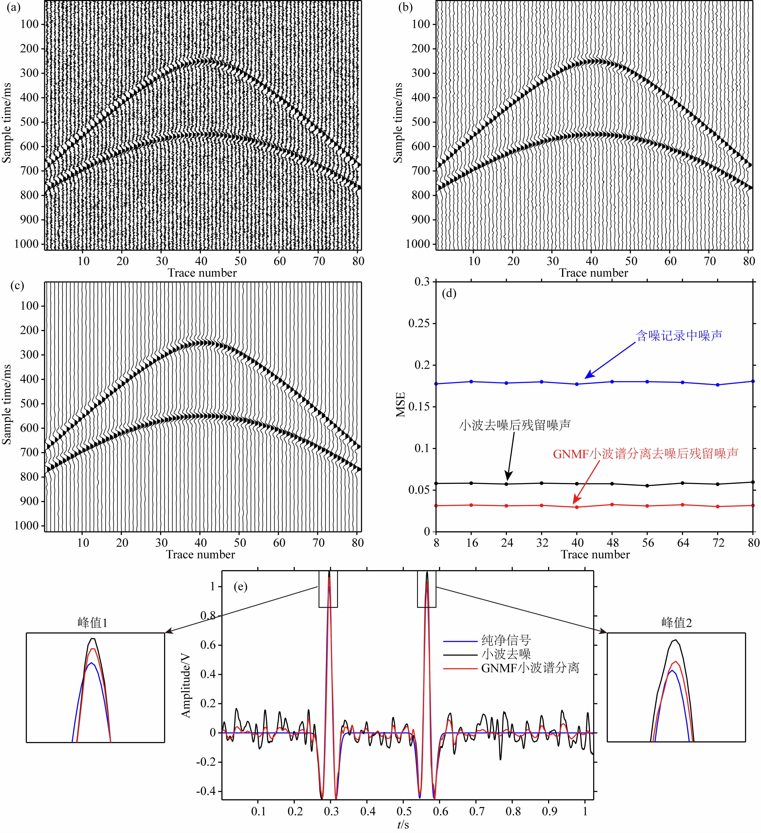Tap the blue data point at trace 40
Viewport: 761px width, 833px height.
(577, 384)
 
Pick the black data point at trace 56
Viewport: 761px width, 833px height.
(647, 486)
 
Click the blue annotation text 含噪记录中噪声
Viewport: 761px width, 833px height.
(679, 335)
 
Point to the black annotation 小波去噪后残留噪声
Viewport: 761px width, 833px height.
(515, 425)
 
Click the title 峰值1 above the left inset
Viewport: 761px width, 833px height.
(93, 623)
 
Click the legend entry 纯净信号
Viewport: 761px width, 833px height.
(506, 640)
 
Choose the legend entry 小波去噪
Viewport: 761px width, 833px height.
(506, 654)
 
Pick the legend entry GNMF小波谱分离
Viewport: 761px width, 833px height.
(530, 668)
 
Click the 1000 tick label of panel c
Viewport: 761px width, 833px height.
(26, 526)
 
